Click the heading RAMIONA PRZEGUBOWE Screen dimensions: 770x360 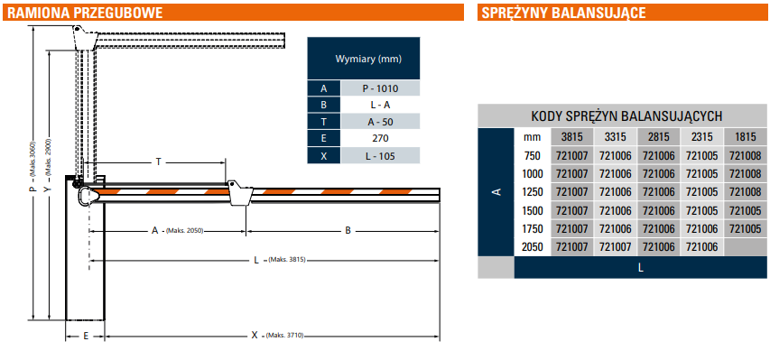pyautogui.click(x=85, y=13)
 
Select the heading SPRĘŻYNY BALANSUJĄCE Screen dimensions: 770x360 pyautogui.click(x=563, y=13)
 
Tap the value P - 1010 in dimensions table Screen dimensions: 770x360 pyautogui.click(x=380, y=89)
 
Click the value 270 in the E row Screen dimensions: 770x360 pyautogui.click(x=380, y=139)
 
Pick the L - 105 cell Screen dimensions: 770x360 pyautogui.click(x=380, y=157)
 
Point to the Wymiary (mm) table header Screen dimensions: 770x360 pyautogui.click(x=368, y=59)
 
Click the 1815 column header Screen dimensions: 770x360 pyautogui.click(x=745, y=137)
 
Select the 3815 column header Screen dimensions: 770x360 pyautogui.click(x=572, y=137)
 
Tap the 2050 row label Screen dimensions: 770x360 pyautogui.click(x=533, y=246)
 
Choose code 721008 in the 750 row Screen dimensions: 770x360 pyautogui.click(x=745, y=156)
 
